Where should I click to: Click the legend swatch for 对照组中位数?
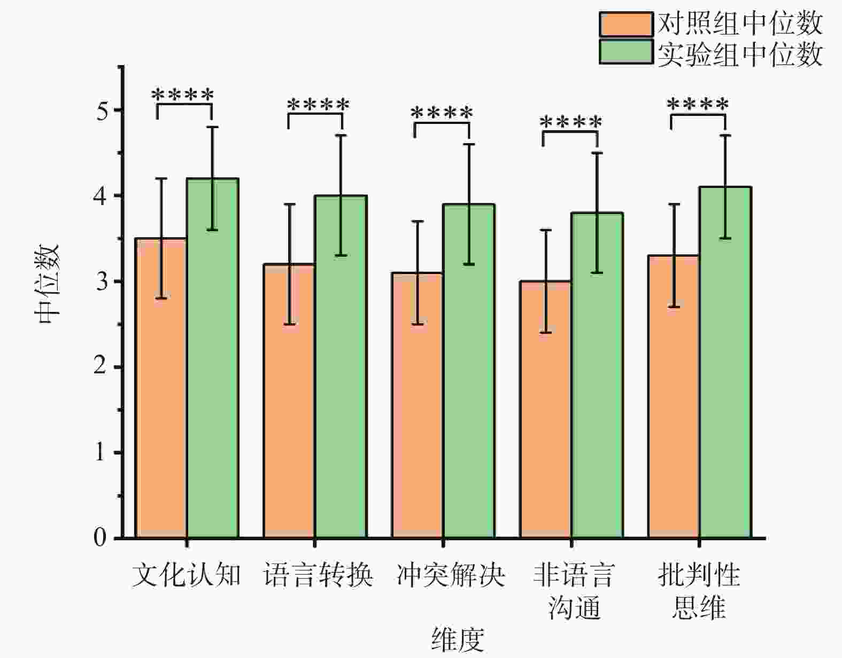coord(626,24)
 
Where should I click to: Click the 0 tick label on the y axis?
coord(101,538)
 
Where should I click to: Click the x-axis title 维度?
coord(458,640)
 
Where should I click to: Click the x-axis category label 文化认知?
coord(186,576)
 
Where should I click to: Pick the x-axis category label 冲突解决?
coord(451,576)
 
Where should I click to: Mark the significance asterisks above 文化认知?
coord(183,95)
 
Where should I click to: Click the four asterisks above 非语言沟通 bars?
coord(571,123)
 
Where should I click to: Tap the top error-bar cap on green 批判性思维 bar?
coord(725,136)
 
